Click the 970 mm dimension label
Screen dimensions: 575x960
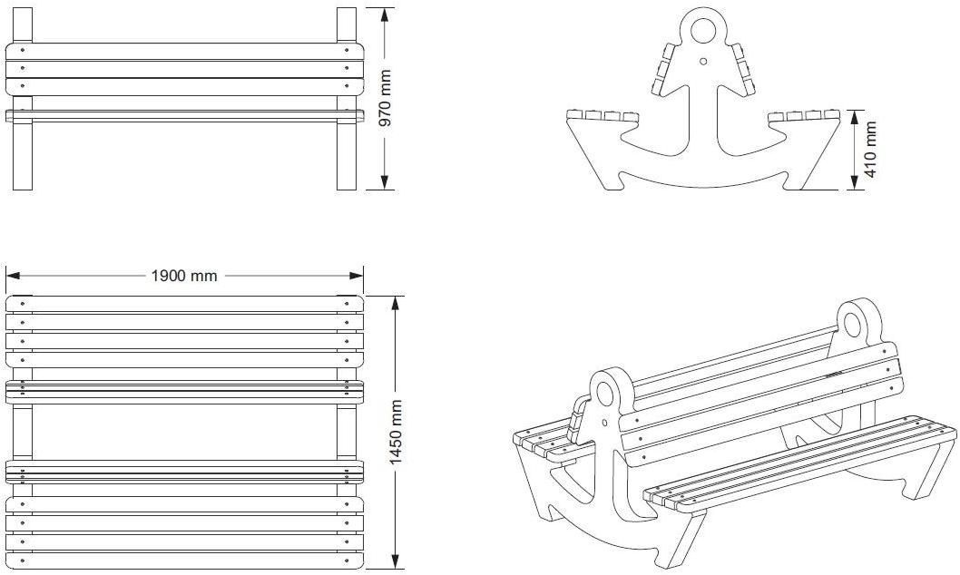(385, 99)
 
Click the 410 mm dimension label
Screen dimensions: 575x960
(871, 150)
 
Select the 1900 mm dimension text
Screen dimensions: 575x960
(184, 275)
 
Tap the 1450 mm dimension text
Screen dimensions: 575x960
(395, 432)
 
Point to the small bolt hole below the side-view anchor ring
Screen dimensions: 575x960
(703, 62)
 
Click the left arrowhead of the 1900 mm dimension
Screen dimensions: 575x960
(12, 275)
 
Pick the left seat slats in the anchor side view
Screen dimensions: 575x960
(602, 115)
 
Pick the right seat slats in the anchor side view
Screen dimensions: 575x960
(804, 115)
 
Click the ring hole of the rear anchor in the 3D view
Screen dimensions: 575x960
(854, 321)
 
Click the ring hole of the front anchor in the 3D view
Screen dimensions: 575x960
(605, 394)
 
